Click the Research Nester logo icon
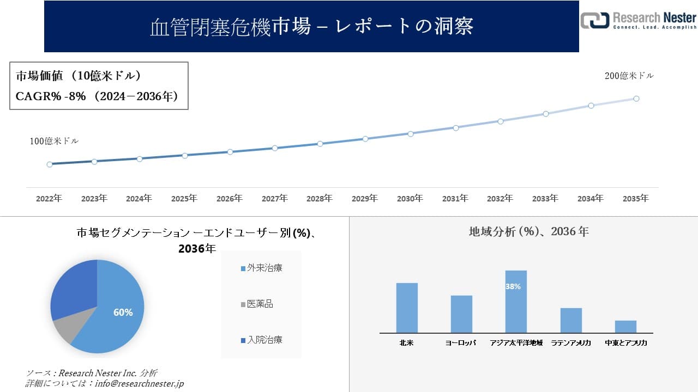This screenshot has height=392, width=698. tap(594, 20)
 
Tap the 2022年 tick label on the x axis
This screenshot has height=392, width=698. tap(49, 199)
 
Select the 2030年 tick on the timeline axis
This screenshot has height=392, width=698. tap(410, 199)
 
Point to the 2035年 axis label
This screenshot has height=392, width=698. tap(636, 199)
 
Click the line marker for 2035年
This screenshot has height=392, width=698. tap(636, 99)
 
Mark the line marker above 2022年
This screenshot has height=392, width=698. tap(50, 164)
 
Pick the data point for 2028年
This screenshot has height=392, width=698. tap(320, 144)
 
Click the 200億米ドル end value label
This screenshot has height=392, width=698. tap(629, 76)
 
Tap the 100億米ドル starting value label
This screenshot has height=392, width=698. tap(54, 141)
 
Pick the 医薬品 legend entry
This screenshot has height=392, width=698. tap(260, 304)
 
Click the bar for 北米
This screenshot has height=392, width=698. tap(407, 308)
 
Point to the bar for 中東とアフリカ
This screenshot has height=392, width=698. tap(625, 326)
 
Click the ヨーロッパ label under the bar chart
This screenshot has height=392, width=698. tap(461, 343)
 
